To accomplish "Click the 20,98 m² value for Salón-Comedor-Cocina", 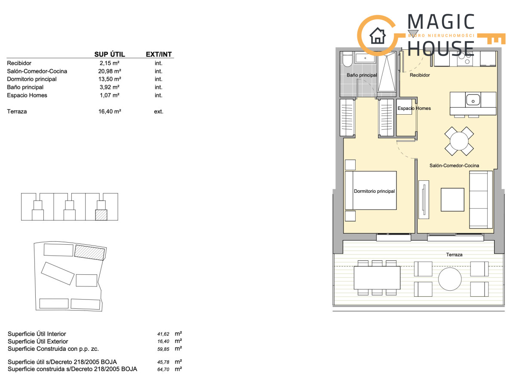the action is pos(110,71).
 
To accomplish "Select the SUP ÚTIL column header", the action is pos(110,54).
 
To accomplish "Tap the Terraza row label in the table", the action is pos(17,112).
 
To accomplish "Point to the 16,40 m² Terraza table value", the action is pos(110,112).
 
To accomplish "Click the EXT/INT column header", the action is pos(159,54).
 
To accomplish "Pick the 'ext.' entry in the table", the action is pos(159,112).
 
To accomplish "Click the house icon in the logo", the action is pos(378,36).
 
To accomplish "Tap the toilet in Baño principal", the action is pos(347,59).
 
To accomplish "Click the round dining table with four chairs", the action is pos(459,141).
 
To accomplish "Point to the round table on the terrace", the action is pos(450,279).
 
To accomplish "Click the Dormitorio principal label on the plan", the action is pos(375,191).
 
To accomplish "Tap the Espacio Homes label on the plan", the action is pos(414,108).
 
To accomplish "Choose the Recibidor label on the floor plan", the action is pos(420,75).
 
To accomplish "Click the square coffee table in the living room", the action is pos(452,200).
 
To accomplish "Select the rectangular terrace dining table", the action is pos(377,278).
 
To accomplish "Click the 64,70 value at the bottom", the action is pos(163,369).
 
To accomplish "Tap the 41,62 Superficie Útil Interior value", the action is pos(163,334).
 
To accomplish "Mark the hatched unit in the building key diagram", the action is pos(101,215).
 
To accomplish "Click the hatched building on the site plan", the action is pos(89,252).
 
